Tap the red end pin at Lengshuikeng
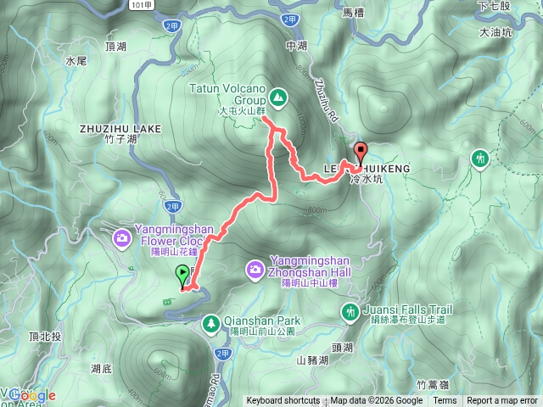point(361,153)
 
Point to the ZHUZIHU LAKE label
point(119,129)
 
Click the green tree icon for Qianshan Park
point(210,322)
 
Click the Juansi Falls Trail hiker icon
point(349,313)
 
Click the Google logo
point(32,395)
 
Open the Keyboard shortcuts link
point(283,401)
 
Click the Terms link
point(445,401)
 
